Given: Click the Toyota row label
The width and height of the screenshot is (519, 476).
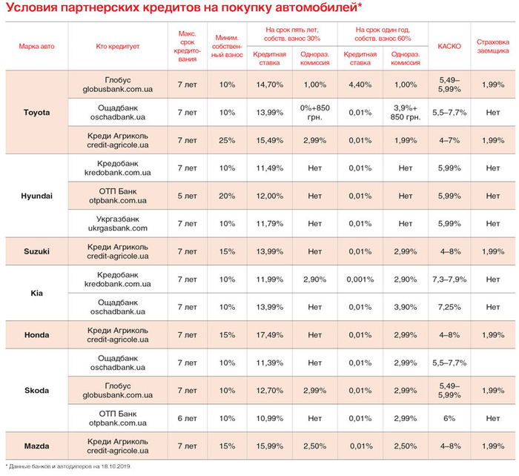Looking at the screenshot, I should pyautogui.click(x=36, y=112).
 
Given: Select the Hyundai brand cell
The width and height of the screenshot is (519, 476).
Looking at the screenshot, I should pyautogui.click(x=36, y=195).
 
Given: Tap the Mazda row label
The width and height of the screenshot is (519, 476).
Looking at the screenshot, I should pyautogui.click(x=36, y=446).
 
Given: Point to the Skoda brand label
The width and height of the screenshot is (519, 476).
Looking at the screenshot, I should pyautogui.click(x=36, y=390).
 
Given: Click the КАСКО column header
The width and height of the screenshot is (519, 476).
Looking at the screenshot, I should pyautogui.click(x=449, y=46).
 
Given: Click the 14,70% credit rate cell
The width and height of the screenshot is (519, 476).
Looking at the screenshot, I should pyautogui.click(x=269, y=85).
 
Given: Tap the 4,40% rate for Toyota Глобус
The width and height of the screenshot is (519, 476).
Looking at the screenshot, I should pyautogui.click(x=359, y=85).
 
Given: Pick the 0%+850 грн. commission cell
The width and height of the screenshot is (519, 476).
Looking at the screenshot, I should pyautogui.click(x=314, y=112).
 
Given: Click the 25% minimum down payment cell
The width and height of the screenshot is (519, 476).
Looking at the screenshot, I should pyautogui.click(x=227, y=140).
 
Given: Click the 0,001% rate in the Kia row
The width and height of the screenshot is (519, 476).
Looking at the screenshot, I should pyautogui.click(x=359, y=279).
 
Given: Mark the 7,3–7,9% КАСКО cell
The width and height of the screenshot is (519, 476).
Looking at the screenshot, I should pyautogui.click(x=449, y=279).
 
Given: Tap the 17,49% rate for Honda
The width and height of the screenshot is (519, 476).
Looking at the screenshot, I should pyautogui.click(x=269, y=334).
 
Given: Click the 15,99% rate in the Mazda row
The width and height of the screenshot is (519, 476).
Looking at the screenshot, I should pyautogui.click(x=269, y=446).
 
